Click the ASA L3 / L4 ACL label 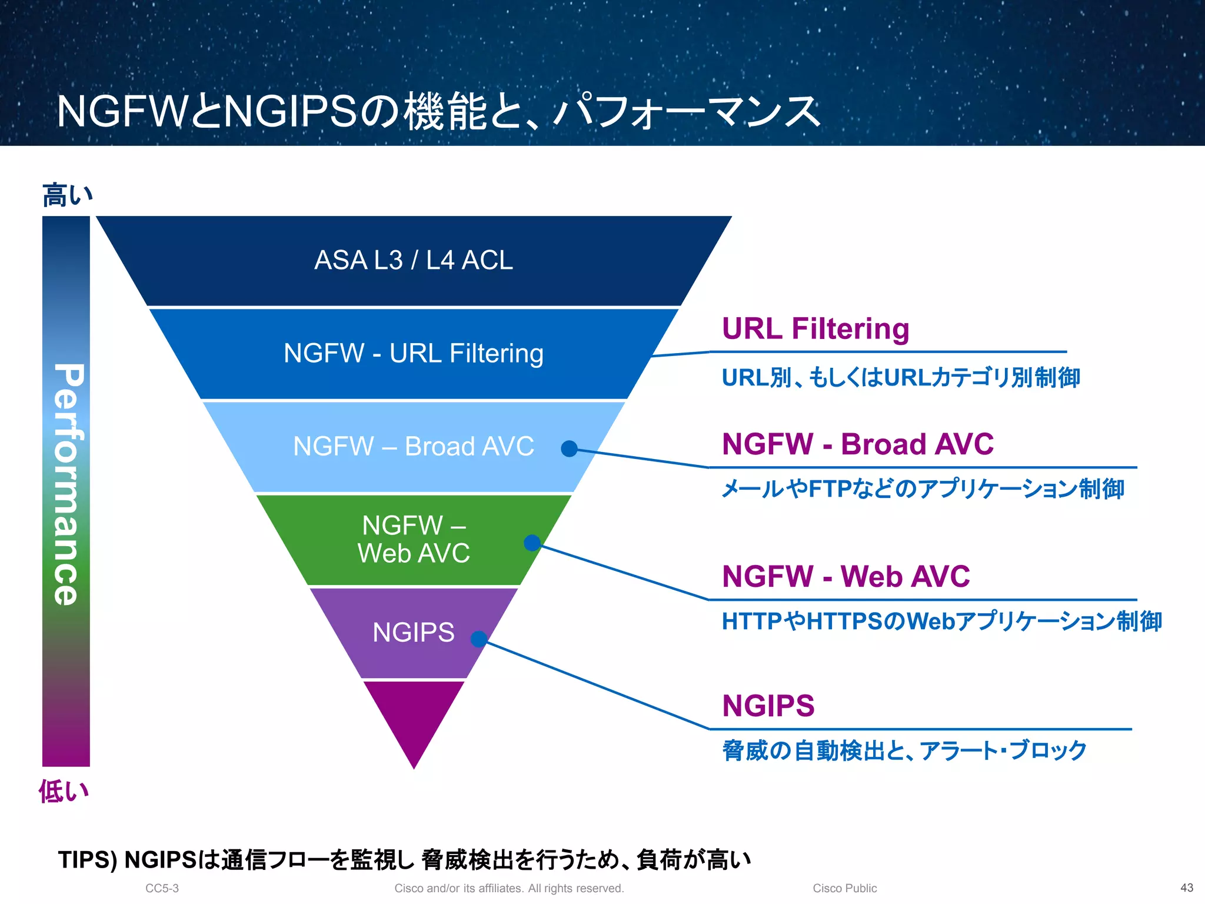414,260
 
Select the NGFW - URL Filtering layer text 414,353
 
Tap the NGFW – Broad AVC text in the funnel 414,446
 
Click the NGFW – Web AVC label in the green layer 414,539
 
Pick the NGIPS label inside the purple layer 414,633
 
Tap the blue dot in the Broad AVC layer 569,448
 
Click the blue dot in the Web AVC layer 532,543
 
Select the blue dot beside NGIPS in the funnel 479,639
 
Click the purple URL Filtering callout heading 815,328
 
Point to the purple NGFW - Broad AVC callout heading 857,444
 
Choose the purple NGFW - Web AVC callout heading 846,576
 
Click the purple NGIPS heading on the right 768,706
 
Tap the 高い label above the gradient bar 67,195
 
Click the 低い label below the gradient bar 64,791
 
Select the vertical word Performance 67,484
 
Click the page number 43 1187,888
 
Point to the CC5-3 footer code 162,888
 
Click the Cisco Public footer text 844,888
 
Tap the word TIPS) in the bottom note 88,860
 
